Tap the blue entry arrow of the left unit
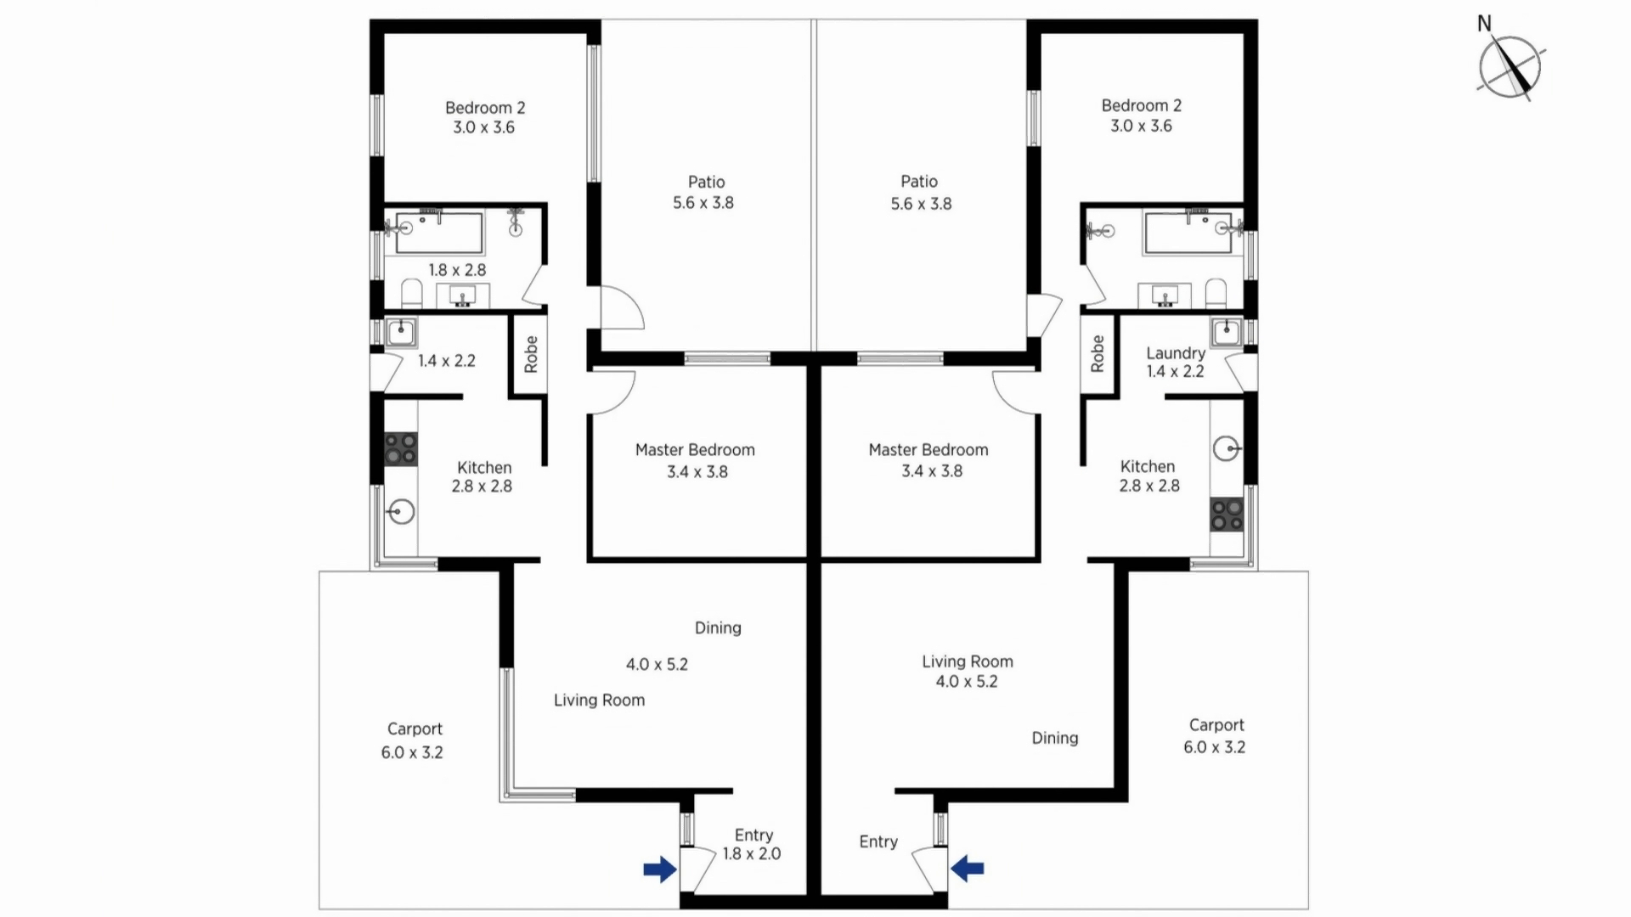(x=659, y=869)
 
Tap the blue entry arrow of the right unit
(x=968, y=868)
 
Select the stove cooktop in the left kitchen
(x=401, y=449)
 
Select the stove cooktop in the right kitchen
(x=1227, y=515)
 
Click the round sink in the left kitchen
(x=401, y=511)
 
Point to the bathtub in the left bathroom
(x=439, y=233)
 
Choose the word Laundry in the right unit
(x=1176, y=353)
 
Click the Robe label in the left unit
(x=531, y=354)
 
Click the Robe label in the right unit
(x=1097, y=353)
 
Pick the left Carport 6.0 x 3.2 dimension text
(x=412, y=752)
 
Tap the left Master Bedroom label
(x=695, y=450)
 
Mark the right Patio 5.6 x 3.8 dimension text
(x=921, y=204)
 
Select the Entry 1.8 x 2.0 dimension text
(x=752, y=854)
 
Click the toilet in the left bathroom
(x=412, y=294)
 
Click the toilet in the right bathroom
(x=1216, y=294)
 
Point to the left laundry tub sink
(x=401, y=331)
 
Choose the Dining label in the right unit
(x=1055, y=739)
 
